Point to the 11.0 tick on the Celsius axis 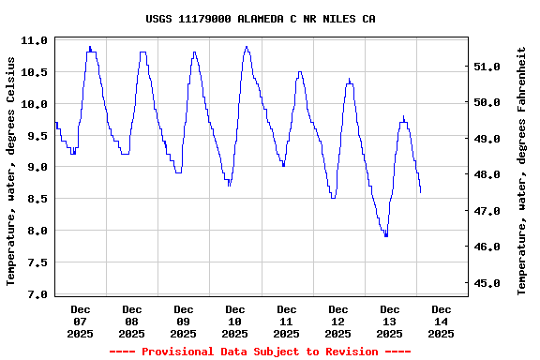tap(35, 41)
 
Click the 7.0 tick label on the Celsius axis tap(35, 294)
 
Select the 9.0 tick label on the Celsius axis tap(35, 168)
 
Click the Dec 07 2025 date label tap(81, 321)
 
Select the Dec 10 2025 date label tap(235, 321)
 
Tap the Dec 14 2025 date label tap(441, 321)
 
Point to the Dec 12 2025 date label tap(337, 321)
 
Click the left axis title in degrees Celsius tap(11, 170)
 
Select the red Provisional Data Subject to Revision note tap(260, 352)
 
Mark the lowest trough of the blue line tap(385, 235)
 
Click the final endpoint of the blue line tap(421, 192)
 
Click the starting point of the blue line tap(55, 123)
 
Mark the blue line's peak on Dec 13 tap(403, 116)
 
